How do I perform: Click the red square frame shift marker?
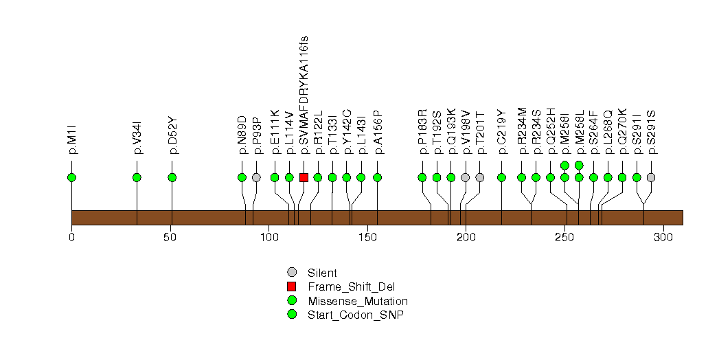pos(304,177)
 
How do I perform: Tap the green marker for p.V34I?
pos(137,177)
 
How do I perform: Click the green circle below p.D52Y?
pos(172,177)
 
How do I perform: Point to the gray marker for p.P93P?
pos(256,177)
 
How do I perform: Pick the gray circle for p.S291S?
pos(651,177)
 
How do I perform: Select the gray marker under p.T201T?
pos(480,177)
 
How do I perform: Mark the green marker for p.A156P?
pos(377,177)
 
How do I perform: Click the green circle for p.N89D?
pos(242,177)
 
